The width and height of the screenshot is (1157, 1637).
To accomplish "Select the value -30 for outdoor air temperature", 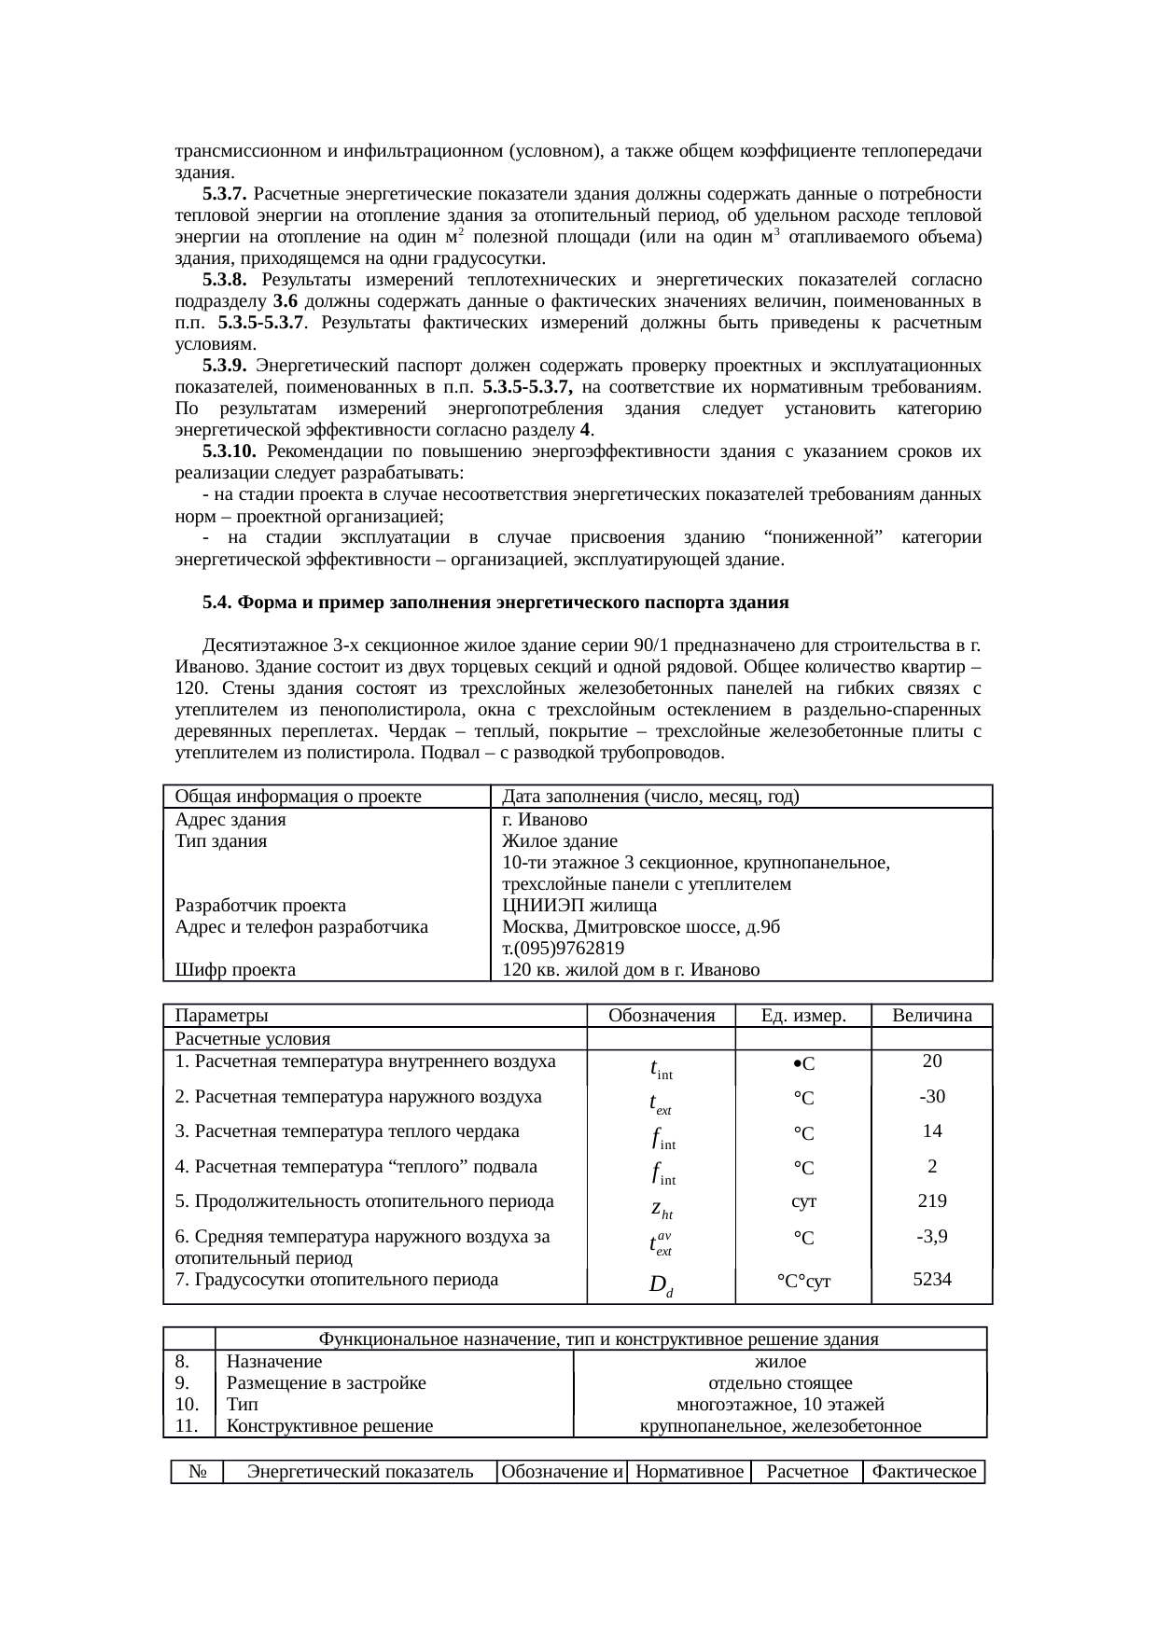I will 931,1096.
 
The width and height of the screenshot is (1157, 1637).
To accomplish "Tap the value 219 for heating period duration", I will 931,1200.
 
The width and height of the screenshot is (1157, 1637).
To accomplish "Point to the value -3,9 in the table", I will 931,1237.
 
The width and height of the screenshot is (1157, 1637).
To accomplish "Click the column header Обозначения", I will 661,1015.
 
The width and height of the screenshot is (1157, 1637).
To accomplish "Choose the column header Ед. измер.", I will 803,1015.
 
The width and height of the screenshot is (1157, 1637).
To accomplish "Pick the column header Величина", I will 931,1015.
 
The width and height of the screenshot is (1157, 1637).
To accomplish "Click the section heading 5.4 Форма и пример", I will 495,603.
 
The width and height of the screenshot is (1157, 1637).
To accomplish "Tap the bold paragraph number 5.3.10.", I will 229,451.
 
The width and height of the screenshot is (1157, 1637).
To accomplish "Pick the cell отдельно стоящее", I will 780,1383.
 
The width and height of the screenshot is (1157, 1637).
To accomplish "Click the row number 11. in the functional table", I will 187,1426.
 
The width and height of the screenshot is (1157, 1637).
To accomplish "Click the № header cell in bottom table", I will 197,1472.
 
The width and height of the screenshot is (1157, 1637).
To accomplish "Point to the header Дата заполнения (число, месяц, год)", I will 650,797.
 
